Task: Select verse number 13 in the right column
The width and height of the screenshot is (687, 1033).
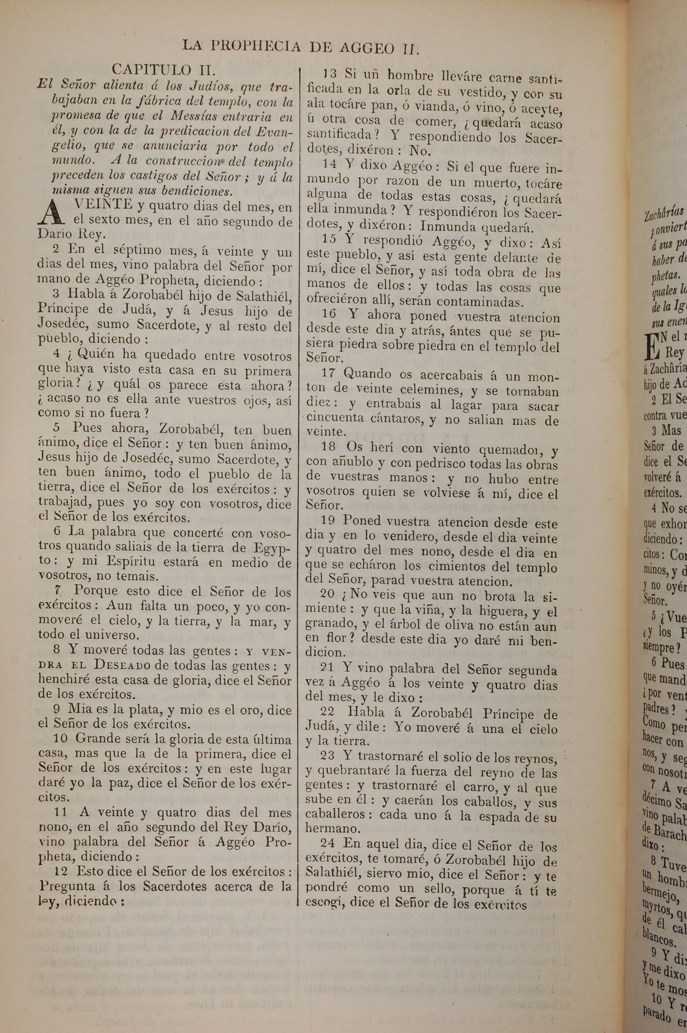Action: [x=329, y=74]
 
